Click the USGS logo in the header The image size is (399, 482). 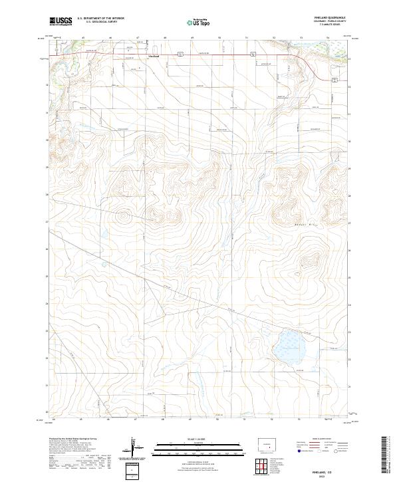(x=61, y=22)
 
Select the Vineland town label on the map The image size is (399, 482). (x=152, y=57)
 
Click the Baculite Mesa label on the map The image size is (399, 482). (x=306, y=227)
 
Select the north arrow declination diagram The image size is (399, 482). (x=133, y=449)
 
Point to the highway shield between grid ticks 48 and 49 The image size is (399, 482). (x=180, y=54)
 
